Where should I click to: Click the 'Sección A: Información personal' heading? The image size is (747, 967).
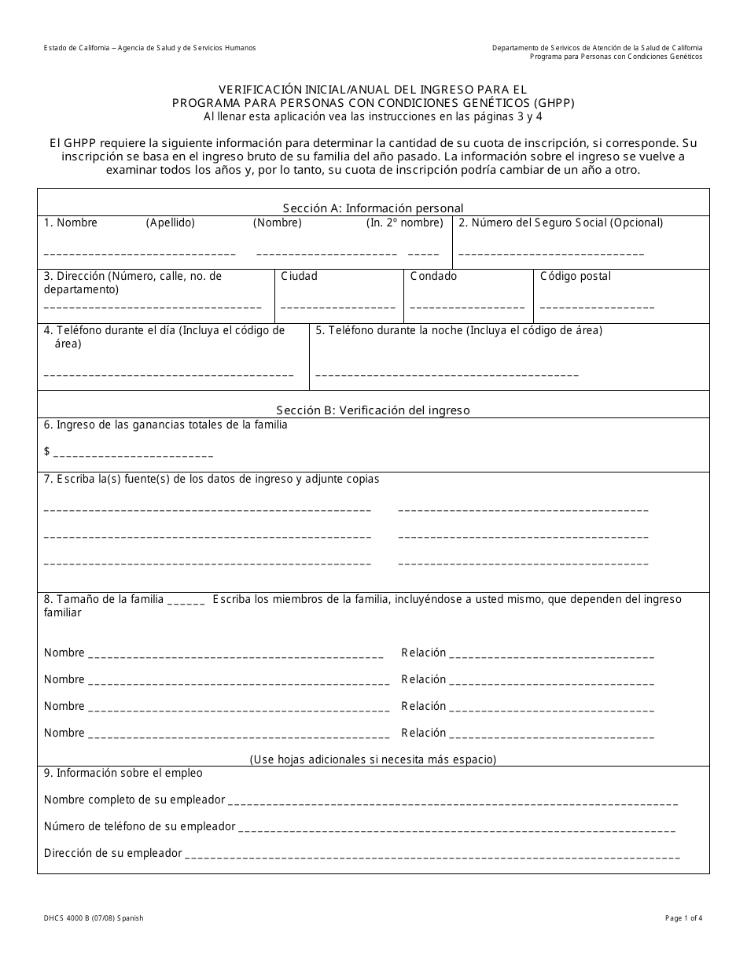pyautogui.click(x=373, y=208)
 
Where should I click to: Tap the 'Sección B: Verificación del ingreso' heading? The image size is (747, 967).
pyautogui.click(x=373, y=410)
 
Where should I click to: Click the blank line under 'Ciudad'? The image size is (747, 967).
pyautogui.click(x=338, y=308)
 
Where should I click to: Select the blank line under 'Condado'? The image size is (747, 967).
pyautogui.click(x=468, y=308)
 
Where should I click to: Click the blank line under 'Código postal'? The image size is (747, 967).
pyautogui.click(x=598, y=308)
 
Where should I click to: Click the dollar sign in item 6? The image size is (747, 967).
pyautogui.click(x=47, y=451)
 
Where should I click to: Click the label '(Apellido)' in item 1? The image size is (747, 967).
pyautogui.click(x=171, y=223)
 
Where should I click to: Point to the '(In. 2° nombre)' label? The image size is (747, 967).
pyautogui.click(x=405, y=223)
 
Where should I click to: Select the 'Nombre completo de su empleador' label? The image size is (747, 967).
pyautogui.click(x=134, y=800)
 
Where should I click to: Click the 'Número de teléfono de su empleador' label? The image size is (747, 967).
pyautogui.click(x=140, y=827)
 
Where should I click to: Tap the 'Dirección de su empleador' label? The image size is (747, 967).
pyautogui.click(x=113, y=854)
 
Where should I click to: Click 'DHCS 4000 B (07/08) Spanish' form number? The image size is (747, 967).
pyautogui.click(x=94, y=918)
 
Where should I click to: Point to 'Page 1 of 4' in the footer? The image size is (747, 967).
pyautogui.click(x=683, y=918)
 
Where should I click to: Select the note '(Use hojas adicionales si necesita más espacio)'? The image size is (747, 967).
pyautogui.click(x=373, y=760)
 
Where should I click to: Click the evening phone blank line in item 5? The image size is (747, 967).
pyautogui.click(x=447, y=375)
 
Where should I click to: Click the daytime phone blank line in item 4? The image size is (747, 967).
pyautogui.click(x=168, y=375)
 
